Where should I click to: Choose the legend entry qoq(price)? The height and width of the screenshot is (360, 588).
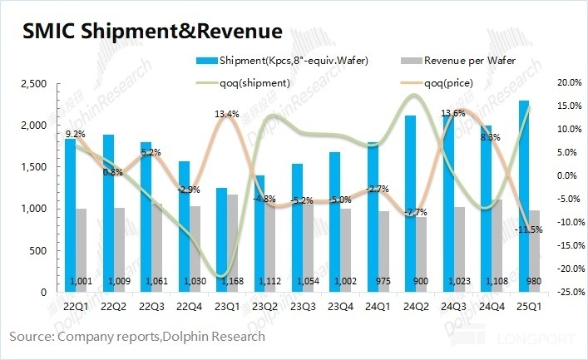[452, 81]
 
